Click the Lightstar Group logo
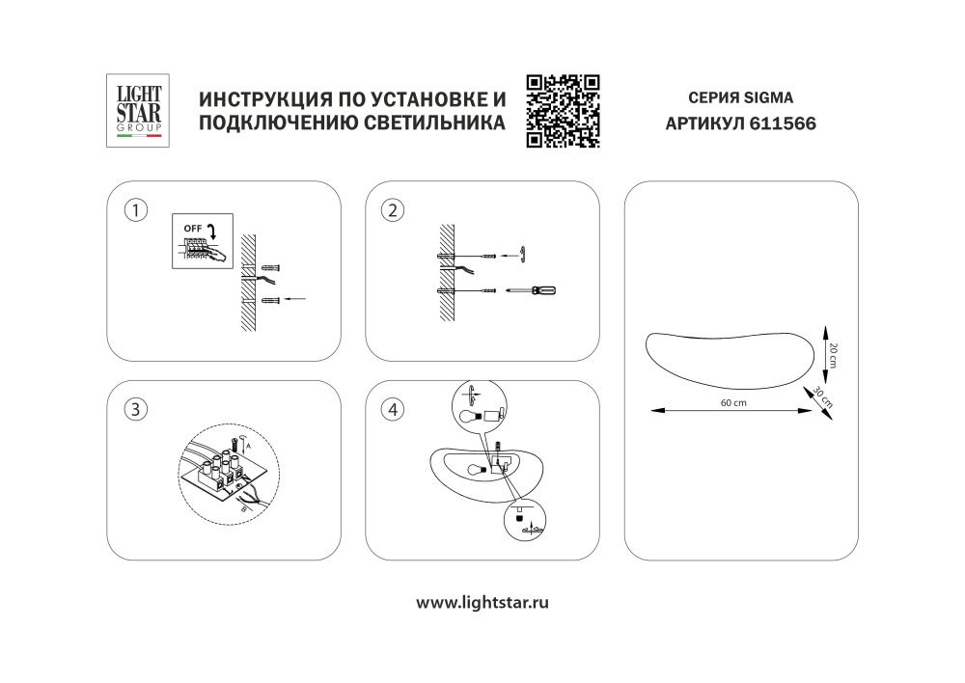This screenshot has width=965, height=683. tap(137, 111)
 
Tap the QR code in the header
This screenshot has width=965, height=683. tap(563, 111)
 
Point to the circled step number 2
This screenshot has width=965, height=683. tap(392, 210)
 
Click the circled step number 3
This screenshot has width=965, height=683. tap(138, 409)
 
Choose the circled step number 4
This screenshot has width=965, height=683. tap(392, 409)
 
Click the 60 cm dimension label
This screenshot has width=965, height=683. tap(734, 402)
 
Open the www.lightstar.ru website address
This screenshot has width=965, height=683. tap(482, 602)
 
